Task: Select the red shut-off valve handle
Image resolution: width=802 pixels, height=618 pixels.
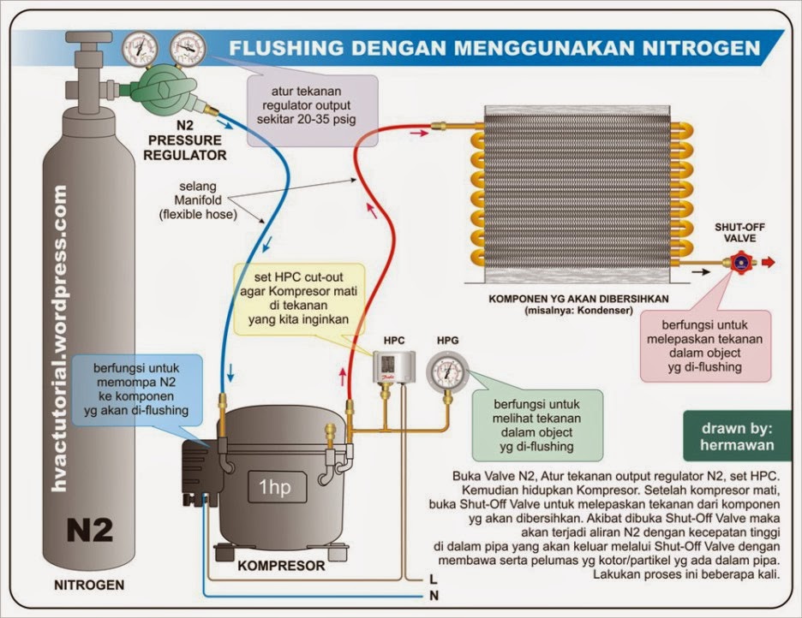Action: click(738, 263)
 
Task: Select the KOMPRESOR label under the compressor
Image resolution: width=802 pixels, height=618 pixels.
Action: click(281, 566)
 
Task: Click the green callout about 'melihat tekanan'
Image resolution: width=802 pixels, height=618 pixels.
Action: click(536, 424)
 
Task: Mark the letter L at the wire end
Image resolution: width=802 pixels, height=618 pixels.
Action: click(433, 579)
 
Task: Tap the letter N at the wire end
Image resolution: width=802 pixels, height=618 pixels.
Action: click(433, 594)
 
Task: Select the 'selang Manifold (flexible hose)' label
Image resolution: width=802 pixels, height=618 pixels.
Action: click(196, 200)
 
